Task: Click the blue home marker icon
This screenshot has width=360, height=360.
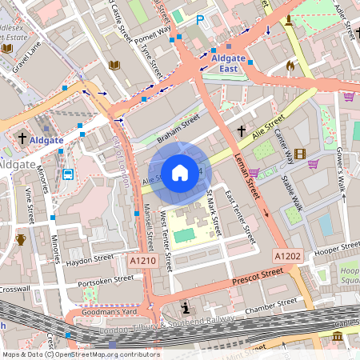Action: point(180,173)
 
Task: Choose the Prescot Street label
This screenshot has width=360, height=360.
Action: point(258,278)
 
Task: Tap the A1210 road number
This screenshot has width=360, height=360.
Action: point(142,260)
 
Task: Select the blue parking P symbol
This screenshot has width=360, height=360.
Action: point(200,19)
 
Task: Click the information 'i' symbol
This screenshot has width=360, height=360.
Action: point(186,308)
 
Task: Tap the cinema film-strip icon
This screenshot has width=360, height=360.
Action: point(299,154)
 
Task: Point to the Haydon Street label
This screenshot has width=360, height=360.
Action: point(90,258)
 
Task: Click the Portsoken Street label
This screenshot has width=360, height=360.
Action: point(106,281)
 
